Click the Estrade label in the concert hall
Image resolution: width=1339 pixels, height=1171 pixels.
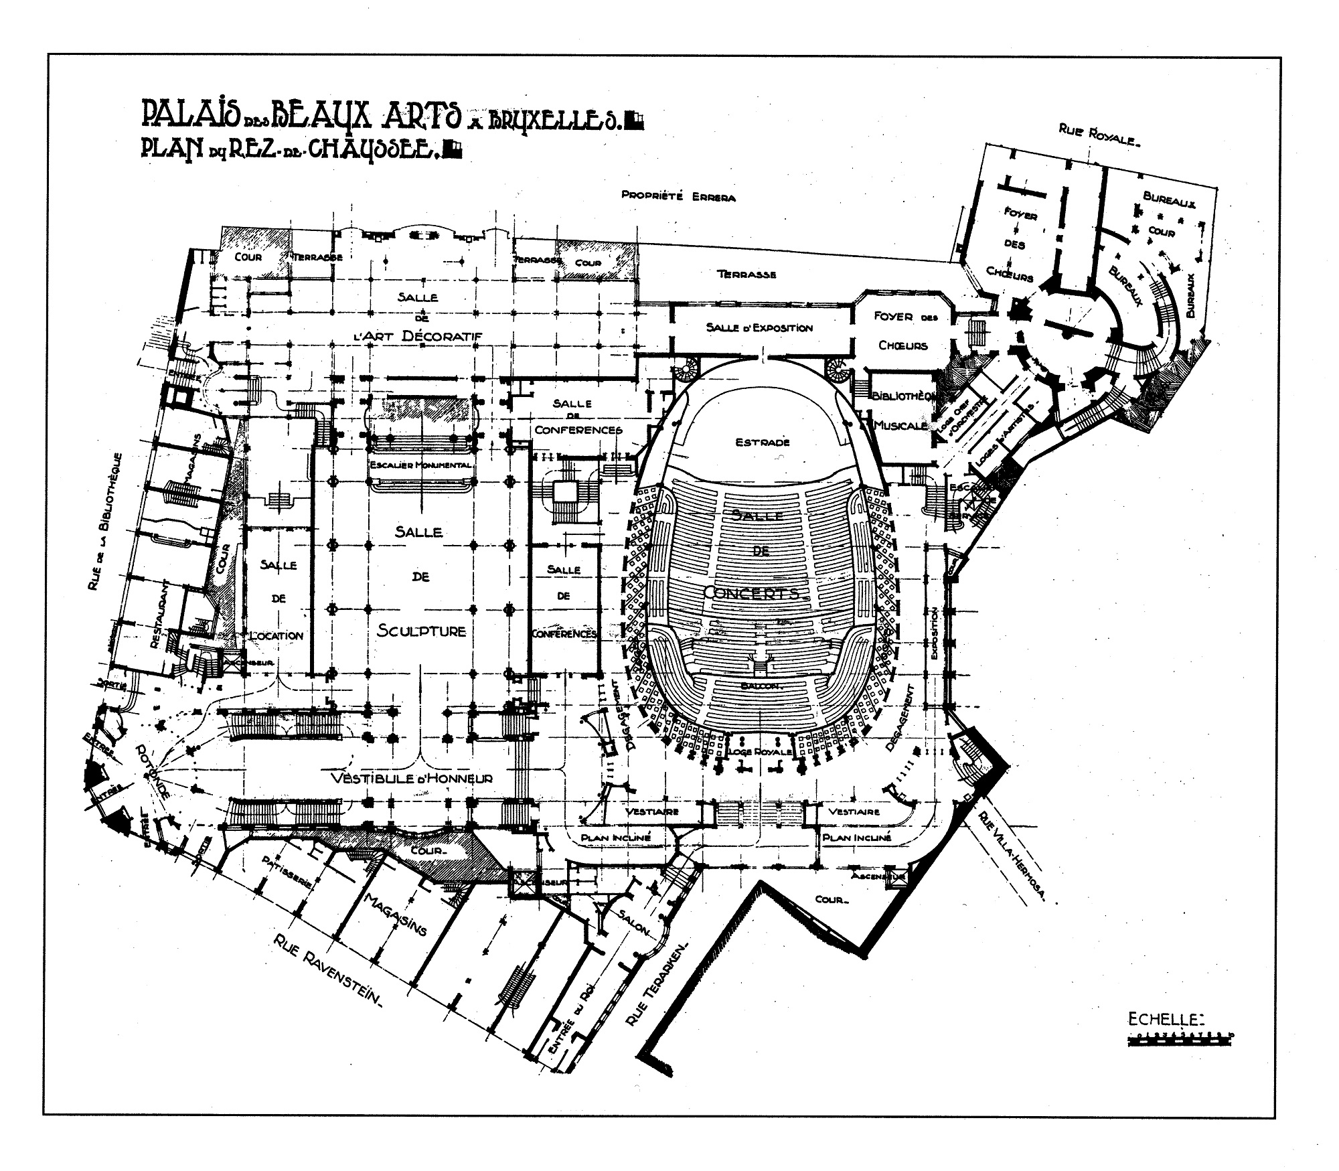(x=763, y=442)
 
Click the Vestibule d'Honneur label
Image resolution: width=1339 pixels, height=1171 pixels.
(x=412, y=778)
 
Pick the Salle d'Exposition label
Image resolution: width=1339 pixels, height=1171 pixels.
(x=759, y=328)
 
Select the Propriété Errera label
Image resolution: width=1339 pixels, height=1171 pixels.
(x=678, y=197)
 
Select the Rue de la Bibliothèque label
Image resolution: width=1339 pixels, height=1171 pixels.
(x=105, y=522)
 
